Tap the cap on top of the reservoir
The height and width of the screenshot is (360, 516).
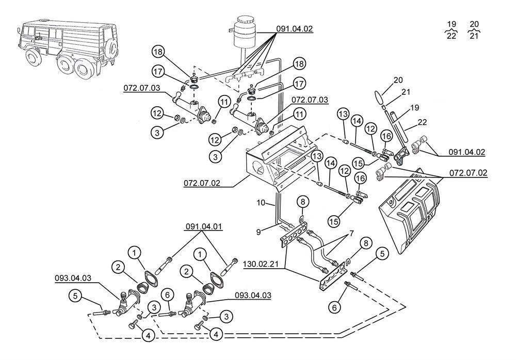[245, 19]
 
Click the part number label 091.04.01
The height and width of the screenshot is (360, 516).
[204, 227]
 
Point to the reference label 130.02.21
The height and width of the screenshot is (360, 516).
[261, 264]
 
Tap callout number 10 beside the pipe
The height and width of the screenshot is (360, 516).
[261, 203]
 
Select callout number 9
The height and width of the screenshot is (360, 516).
[259, 232]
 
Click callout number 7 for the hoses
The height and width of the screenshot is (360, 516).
[351, 234]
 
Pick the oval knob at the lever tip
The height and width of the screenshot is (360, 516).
[380, 97]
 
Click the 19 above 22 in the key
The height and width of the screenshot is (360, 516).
[452, 24]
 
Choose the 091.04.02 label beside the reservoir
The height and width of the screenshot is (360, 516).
[294, 29]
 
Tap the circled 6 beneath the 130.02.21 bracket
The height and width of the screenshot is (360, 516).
[334, 308]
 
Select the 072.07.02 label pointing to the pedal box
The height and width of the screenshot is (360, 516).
[202, 183]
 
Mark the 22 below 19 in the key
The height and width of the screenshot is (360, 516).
[451, 36]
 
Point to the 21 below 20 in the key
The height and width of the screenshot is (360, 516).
[474, 36]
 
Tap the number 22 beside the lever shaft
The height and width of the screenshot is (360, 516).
[422, 122]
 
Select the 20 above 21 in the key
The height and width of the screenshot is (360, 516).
[474, 24]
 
